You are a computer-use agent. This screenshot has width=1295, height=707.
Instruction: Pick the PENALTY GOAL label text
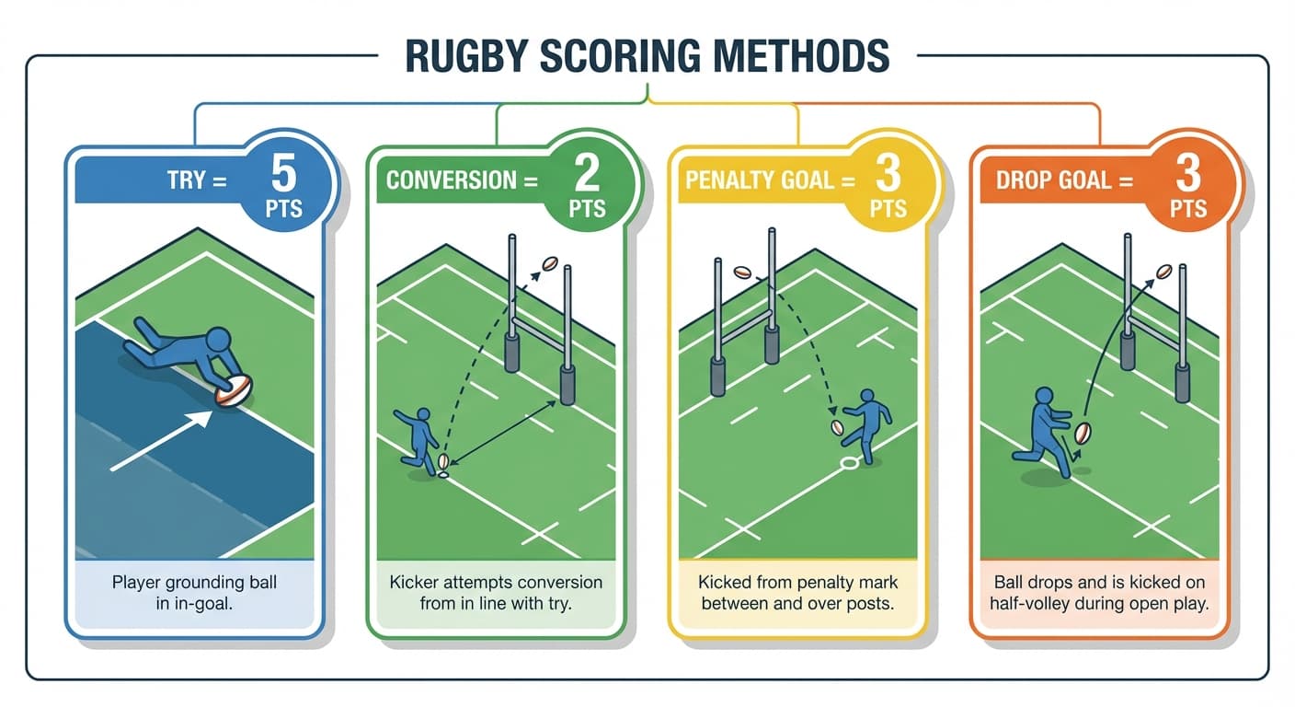pos(760,180)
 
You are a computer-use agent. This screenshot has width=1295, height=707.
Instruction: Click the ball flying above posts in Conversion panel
pos(550,263)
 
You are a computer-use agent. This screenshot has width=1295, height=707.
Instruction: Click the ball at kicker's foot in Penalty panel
pos(838,427)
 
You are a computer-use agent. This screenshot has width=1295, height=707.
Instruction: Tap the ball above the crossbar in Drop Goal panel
pos(1164,272)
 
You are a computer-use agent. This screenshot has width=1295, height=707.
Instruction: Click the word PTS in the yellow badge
pos(888,209)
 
